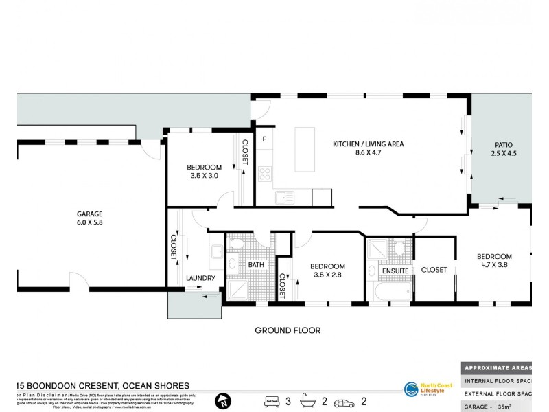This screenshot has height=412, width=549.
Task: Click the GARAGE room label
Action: point(89,214)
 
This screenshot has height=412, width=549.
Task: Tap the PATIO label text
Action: point(504,145)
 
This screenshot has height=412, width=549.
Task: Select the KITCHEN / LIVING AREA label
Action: point(368,144)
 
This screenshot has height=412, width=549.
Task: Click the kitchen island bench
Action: point(306,149)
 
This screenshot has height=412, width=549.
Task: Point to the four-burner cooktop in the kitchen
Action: point(266,173)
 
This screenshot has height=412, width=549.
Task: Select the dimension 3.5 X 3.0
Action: point(205,176)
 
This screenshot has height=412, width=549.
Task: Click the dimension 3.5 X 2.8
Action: point(327,275)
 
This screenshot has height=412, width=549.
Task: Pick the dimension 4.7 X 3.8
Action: point(494,266)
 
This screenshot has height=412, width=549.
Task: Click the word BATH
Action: point(255,264)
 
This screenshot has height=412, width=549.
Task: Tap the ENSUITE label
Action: point(395,271)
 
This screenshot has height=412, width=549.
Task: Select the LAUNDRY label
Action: point(200,278)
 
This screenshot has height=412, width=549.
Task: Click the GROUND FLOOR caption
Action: point(288,330)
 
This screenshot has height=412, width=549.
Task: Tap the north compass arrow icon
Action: point(222,400)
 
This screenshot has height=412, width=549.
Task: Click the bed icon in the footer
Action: point(272,400)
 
